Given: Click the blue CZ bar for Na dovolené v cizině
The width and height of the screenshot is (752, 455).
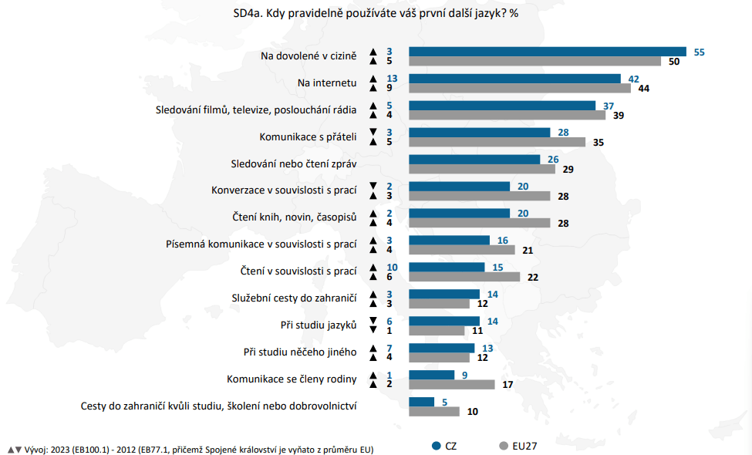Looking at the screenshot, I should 547,52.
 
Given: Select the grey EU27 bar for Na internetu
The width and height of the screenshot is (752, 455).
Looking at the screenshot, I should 519,89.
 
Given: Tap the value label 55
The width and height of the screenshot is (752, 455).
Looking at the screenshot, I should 700,52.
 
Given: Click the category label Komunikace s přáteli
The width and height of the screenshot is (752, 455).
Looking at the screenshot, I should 308,137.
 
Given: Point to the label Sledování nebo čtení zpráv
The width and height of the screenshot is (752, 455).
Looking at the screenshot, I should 294,164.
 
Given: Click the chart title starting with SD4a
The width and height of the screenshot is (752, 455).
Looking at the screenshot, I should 376,13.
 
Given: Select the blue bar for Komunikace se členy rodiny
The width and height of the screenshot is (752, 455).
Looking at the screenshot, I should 431,375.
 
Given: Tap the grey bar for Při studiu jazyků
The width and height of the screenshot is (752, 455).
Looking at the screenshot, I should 437,331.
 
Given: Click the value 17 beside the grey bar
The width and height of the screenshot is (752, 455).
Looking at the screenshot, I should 508,384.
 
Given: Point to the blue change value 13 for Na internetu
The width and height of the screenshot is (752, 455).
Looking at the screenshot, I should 392,79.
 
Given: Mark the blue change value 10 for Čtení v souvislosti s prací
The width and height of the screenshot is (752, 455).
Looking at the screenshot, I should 392,267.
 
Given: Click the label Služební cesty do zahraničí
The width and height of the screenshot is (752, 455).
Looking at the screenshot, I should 294,298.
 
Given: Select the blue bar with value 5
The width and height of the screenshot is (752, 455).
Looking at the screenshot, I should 421,402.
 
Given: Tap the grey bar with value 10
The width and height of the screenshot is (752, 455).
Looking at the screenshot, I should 433,412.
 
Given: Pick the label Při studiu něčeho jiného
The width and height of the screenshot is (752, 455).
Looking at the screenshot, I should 300,352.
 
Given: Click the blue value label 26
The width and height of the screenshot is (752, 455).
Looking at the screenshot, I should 553,160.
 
